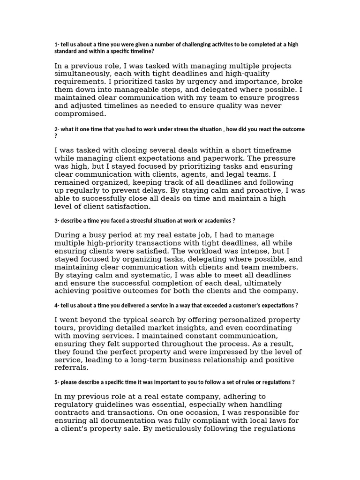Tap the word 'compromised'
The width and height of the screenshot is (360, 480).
[x=81, y=114]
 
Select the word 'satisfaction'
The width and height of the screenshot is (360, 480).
[x=127, y=206]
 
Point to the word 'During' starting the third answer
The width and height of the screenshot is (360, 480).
[x=67, y=235]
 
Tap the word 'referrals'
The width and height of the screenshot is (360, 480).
[x=72, y=367]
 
